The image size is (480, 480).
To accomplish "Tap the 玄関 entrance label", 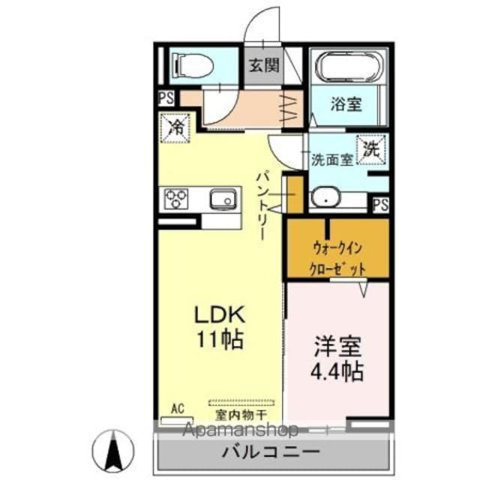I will [263, 64].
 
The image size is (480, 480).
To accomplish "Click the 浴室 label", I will [346, 103].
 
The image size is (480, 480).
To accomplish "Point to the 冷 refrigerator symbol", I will [175, 125].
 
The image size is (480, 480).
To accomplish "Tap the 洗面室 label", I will [331, 159].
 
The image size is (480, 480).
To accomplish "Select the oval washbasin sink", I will [327, 198].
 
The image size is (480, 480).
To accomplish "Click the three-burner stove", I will [177, 199].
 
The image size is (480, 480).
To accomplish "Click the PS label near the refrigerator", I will [165, 97].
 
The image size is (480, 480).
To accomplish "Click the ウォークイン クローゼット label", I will [338, 257].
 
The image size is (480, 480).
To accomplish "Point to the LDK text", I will [217, 313].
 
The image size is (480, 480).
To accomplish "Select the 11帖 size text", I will [218, 339].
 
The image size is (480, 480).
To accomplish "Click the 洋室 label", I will [337, 347].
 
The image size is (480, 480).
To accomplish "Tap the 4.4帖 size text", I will [337, 371].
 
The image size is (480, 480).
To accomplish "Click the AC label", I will [178, 408].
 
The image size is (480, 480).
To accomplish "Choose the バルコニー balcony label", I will [271, 453].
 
